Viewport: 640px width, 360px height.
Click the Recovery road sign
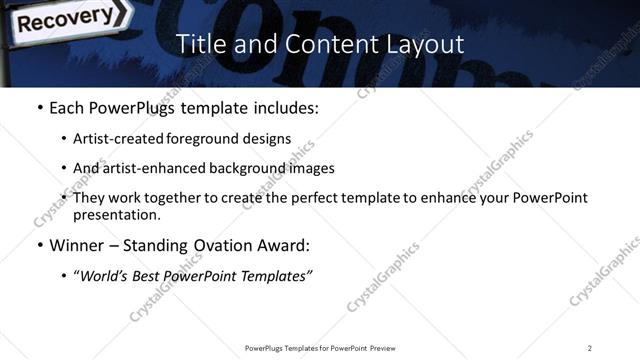pos(61,17)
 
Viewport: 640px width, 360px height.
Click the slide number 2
pos(590,347)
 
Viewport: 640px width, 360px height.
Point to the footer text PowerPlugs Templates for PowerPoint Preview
pos(319,347)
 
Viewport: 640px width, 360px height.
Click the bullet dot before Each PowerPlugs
pos(38,107)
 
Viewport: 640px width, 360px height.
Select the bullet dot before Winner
pos(38,245)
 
